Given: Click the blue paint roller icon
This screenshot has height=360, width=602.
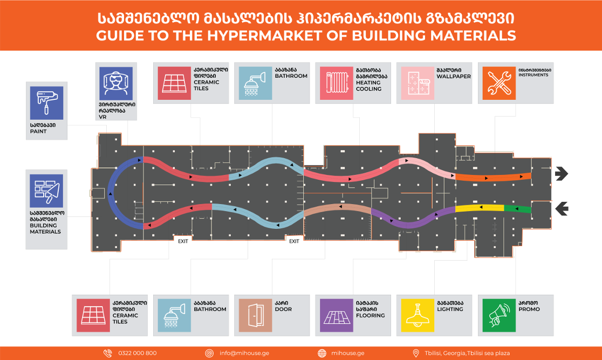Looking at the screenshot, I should (46, 103).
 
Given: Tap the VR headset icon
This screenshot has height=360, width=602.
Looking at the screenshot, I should (117, 83).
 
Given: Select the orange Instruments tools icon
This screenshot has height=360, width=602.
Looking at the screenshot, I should (498, 84).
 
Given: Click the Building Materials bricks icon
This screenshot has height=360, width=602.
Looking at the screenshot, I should (46, 191).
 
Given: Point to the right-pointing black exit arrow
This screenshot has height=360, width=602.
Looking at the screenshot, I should (561, 174).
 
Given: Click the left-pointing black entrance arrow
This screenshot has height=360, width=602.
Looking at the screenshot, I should (561, 208).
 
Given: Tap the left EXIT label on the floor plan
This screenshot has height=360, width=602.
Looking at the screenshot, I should (183, 241).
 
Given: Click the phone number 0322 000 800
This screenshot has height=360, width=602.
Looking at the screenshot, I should (138, 353).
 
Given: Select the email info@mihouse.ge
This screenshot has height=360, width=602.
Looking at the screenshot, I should (244, 353).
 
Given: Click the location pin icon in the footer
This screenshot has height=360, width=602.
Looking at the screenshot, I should (415, 353).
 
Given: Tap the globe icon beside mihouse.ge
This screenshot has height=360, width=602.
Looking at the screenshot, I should (322, 353).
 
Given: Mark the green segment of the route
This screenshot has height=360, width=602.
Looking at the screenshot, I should (517, 208).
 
